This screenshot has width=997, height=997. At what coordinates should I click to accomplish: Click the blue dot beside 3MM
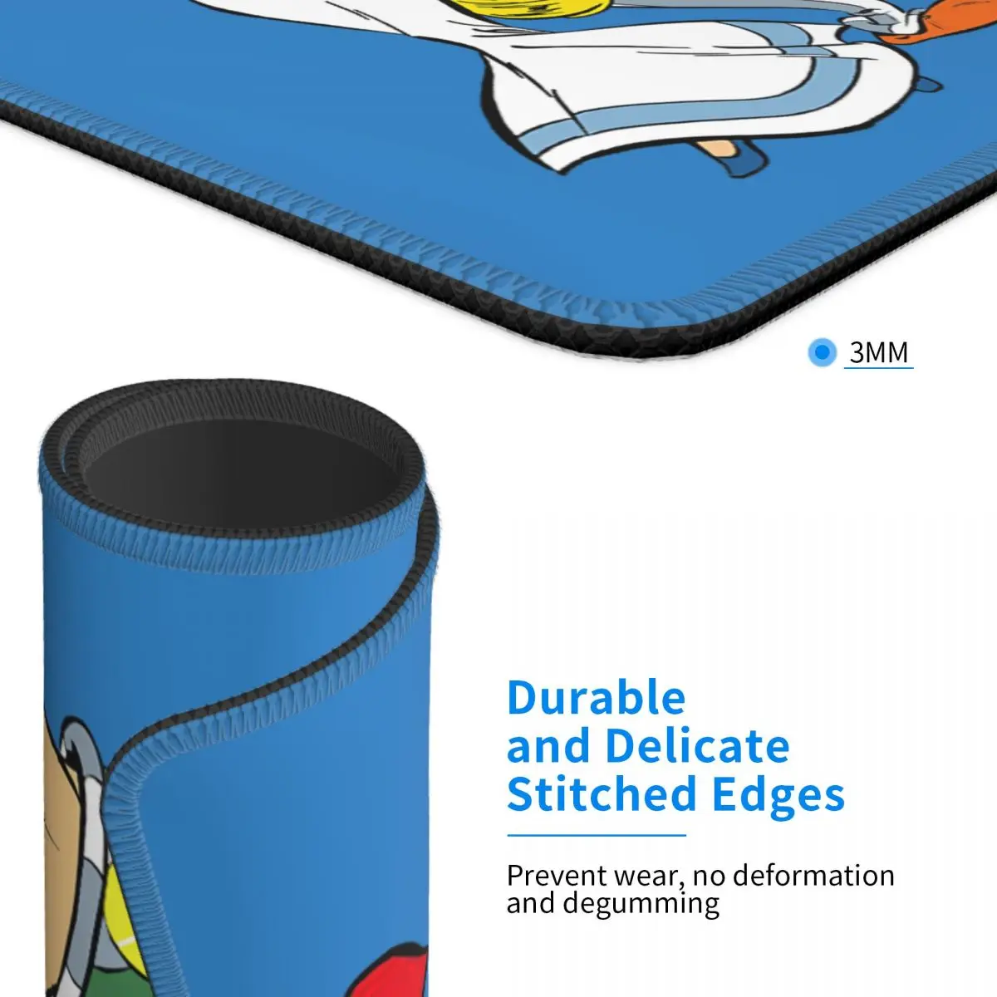pyautogui.click(x=822, y=352)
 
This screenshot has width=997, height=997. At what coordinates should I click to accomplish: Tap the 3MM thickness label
pyautogui.click(x=878, y=352)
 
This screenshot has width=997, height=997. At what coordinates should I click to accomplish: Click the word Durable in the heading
pyautogui.click(x=596, y=698)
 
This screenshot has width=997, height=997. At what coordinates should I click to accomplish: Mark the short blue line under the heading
pyautogui.click(x=596, y=834)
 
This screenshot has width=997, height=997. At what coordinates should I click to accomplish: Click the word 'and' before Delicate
pyautogui.click(x=549, y=746)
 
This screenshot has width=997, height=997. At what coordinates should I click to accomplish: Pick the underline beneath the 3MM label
pyautogui.click(x=878, y=367)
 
